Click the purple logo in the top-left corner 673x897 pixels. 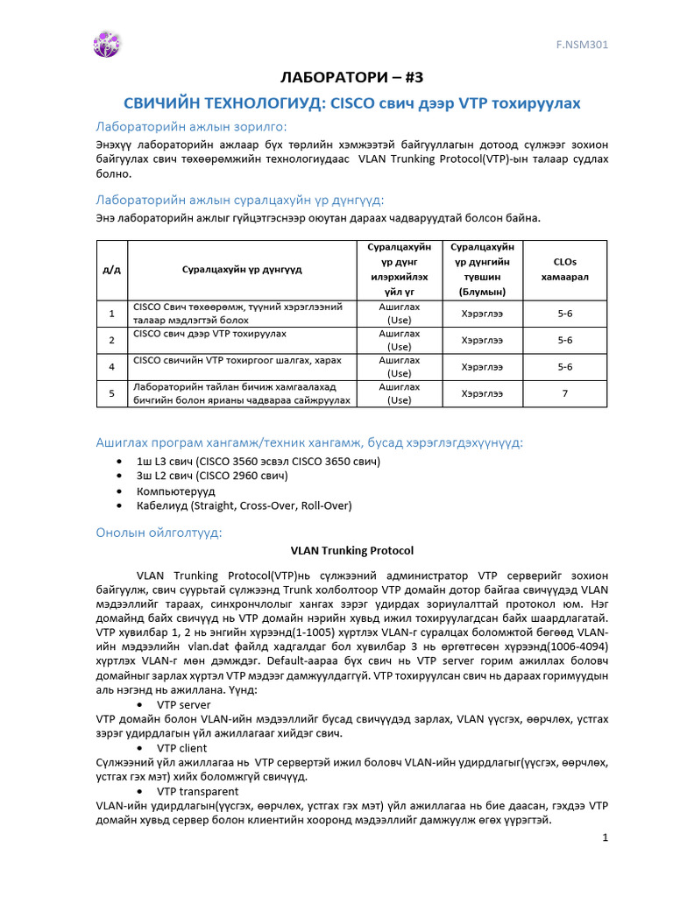(x=107, y=44)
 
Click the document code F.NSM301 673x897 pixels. (x=584, y=44)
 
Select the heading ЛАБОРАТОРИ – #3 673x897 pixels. (x=337, y=77)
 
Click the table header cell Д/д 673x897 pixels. (x=111, y=269)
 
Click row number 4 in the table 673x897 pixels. (x=111, y=366)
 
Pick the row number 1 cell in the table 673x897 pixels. (x=111, y=313)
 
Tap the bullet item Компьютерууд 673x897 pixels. (x=175, y=491)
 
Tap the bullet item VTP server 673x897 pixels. (x=183, y=704)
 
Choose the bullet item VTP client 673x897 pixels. (x=181, y=748)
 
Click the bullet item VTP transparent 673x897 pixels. (x=197, y=791)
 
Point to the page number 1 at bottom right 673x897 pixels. (x=605, y=839)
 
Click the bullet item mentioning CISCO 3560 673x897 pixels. (x=258, y=461)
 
